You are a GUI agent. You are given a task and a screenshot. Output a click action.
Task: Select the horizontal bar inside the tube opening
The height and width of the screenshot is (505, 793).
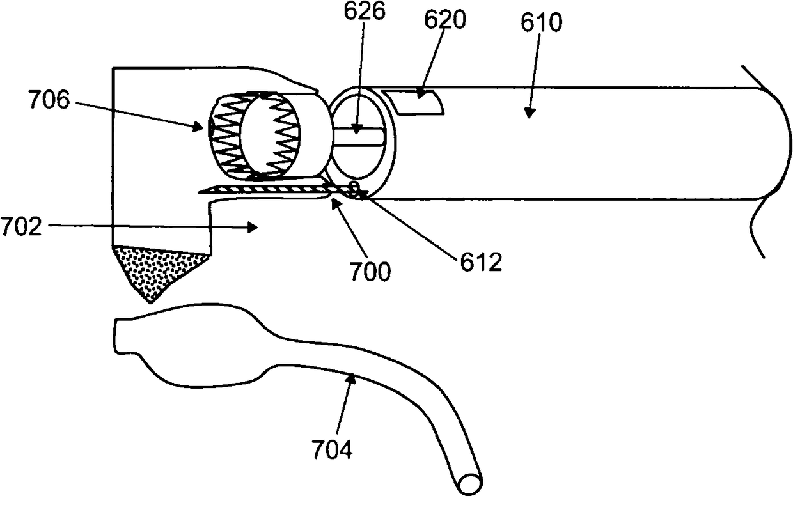[x=359, y=137]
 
